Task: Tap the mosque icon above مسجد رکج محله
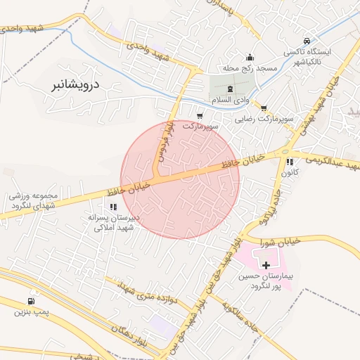point(249,58)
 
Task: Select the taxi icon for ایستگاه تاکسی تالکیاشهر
point(307,41)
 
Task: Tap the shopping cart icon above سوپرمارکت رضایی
point(264,108)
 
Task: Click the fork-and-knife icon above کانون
point(290,162)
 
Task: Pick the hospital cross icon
point(266,265)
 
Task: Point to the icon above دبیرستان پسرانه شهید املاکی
point(113,207)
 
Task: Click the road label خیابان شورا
point(302,241)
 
